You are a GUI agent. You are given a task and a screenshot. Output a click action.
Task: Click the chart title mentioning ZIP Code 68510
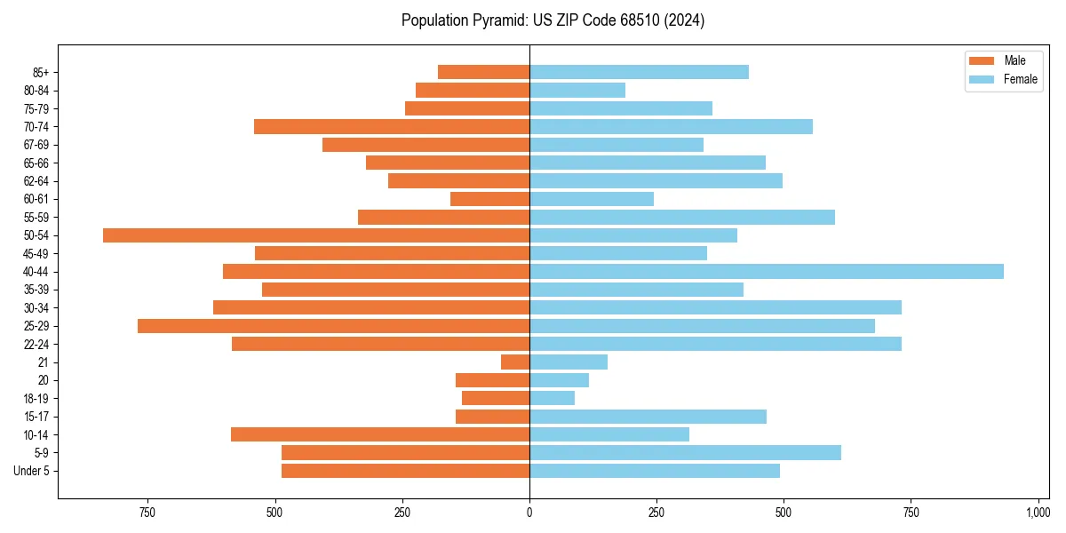point(553,20)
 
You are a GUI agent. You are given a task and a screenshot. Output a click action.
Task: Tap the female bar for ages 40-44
point(766,272)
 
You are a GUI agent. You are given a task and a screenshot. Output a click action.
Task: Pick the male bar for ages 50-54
point(316,235)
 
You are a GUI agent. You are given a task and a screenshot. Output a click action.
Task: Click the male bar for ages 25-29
point(333,326)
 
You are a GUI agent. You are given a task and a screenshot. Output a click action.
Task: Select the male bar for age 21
point(515,362)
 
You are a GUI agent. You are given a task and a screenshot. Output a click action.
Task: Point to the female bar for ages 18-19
point(552,398)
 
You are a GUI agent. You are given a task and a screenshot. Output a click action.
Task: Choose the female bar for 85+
point(639,72)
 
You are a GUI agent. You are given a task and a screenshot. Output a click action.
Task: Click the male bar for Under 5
point(405,471)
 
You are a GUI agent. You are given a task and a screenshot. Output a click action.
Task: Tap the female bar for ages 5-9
point(685,452)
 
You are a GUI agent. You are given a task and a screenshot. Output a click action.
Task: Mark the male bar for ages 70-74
point(392,127)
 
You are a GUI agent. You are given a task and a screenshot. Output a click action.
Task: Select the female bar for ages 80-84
point(577,91)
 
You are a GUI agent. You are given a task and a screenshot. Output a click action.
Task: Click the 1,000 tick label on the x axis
point(1038,513)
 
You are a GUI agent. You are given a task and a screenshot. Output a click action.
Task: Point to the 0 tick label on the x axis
point(529,513)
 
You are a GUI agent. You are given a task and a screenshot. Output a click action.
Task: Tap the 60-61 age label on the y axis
point(36,199)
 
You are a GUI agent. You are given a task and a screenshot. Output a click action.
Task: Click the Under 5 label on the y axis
point(32,471)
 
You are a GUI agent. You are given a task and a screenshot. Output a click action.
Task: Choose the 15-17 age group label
point(36,417)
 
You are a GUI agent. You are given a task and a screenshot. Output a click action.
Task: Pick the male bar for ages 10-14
point(380,434)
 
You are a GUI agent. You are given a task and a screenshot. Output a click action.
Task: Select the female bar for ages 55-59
point(682,218)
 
